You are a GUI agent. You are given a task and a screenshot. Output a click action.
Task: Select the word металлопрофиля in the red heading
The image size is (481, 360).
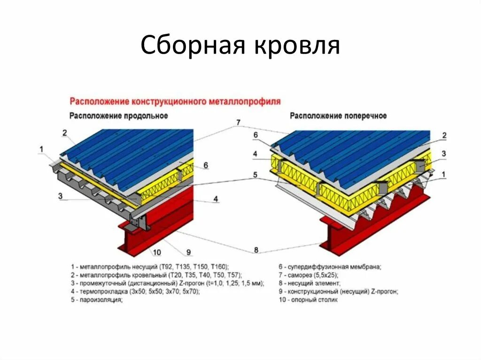point(250,101)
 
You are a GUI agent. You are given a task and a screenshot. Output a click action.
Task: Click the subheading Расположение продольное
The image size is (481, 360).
point(119,115)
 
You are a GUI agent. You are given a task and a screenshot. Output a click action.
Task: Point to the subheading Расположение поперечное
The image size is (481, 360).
point(338,115)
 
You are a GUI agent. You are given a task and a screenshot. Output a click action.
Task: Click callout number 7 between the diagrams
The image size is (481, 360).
point(238,123)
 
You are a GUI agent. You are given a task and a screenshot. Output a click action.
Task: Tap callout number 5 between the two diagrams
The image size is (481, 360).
point(255,175)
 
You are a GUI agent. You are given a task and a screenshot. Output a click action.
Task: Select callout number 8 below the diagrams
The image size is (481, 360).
point(256,250)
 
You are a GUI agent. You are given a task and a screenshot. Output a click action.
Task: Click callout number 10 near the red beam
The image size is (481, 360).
point(157,253)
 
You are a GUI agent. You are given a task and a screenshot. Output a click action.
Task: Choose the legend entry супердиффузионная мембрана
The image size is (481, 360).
point(330,267)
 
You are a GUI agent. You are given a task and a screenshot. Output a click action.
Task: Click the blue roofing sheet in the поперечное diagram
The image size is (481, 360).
point(357,150)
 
